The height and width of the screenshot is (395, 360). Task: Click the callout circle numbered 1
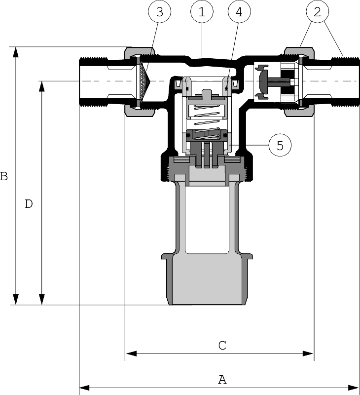[x=202, y=13]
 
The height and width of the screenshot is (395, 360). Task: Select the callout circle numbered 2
[x=317, y=13]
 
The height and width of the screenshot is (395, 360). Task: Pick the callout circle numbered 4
[x=239, y=13]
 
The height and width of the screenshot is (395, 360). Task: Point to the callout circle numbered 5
[x=280, y=145]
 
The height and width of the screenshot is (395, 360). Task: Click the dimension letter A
[x=222, y=379]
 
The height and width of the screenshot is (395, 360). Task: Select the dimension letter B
[x=4, y=176]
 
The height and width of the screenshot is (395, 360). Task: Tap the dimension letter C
[x=222, y=345]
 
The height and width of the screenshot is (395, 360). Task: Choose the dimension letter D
[x=29, y=203]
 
